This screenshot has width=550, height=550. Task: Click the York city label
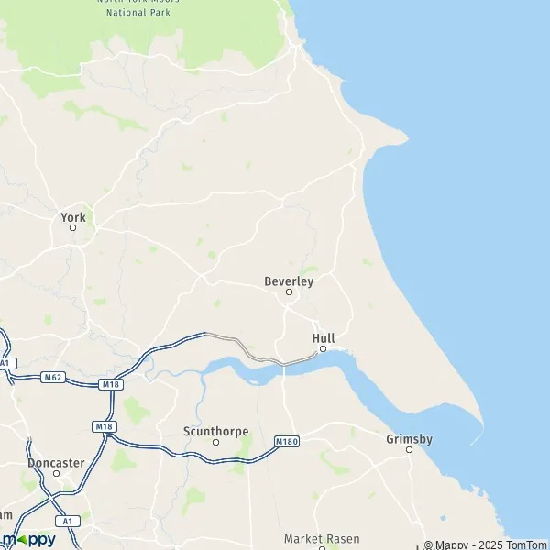72,217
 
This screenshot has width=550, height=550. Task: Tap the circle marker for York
73,227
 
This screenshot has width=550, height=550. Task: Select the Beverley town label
289,281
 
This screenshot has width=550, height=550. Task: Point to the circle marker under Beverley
289,292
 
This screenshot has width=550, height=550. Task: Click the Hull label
323,337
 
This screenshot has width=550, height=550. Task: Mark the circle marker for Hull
323,348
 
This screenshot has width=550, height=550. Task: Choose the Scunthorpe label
216,431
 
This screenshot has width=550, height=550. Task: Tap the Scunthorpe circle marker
216,442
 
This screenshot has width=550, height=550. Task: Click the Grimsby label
409,438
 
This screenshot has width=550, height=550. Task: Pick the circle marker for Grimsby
409,449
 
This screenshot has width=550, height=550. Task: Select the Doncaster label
56,463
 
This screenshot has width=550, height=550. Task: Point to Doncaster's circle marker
56,473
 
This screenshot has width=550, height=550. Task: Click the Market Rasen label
322,539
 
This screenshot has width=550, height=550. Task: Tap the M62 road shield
51,377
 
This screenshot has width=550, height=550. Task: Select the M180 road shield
287,442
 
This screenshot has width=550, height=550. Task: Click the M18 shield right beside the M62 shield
112,384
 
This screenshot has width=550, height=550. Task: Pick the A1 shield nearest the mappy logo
69,521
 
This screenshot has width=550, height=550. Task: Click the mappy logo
28,539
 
